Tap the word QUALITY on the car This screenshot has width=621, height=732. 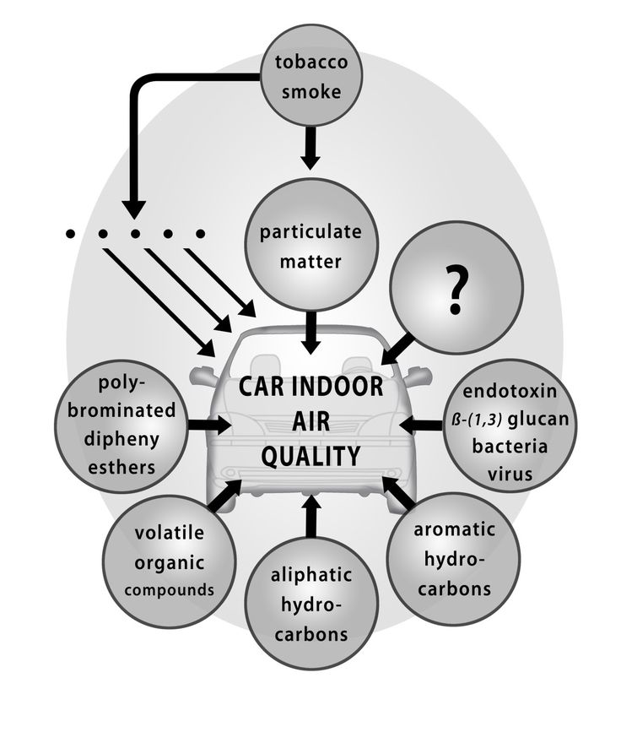click(310, 456)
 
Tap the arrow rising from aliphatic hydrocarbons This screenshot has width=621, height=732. click(310, 517)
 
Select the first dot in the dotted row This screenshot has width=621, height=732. click(70, 232)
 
